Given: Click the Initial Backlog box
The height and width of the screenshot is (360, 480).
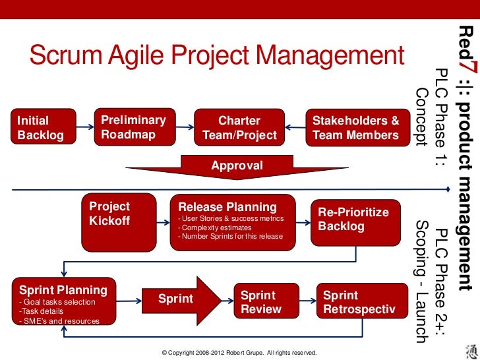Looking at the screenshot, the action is point(41,128).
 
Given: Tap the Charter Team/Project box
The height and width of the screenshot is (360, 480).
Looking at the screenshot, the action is point(239,128).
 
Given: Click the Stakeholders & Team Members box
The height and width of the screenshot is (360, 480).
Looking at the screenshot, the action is point(355,128).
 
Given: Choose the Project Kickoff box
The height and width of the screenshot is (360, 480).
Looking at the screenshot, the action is point(118,214).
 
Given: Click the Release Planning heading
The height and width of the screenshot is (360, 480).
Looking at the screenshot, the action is point(227,207).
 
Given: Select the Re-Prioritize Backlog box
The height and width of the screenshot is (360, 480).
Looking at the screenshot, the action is point(356,220).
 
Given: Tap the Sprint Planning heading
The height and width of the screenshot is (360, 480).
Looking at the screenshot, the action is point(63,290).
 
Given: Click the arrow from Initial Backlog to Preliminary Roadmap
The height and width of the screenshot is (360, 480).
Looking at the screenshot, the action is point(83,127).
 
